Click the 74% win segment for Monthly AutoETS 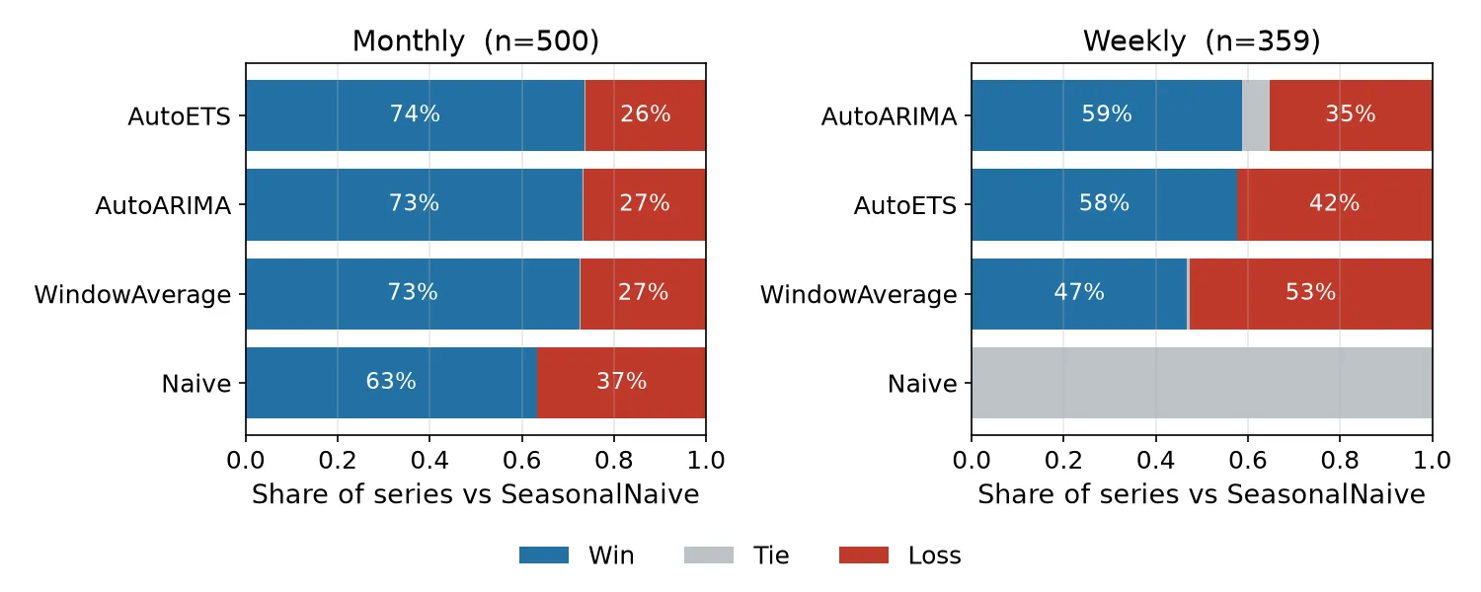[416, 115]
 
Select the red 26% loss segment [646, 115]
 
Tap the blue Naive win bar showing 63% [391, 383]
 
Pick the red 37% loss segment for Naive [621, 383]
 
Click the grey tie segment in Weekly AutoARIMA [1256, 115]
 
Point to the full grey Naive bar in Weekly [1202, 383]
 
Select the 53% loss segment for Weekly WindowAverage [1310, 293]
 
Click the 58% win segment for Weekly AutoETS [1104, 205]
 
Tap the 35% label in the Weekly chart [1350, 113]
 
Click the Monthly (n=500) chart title [475, 41]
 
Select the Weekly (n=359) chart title [1202, 41]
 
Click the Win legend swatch [543, 555]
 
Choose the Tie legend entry [737, 555]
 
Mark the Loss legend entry [899, 555]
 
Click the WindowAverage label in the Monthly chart [132, 295]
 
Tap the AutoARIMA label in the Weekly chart [889, 116]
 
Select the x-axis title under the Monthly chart [475, 494]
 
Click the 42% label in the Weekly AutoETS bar [1334, 203]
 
